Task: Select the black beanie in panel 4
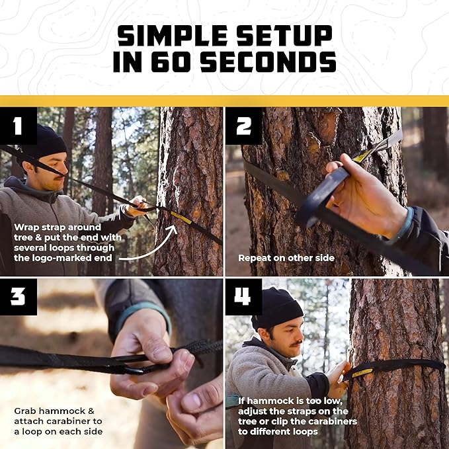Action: click(x=277, y=307)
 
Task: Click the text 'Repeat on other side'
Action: click(x=286, y=257)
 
